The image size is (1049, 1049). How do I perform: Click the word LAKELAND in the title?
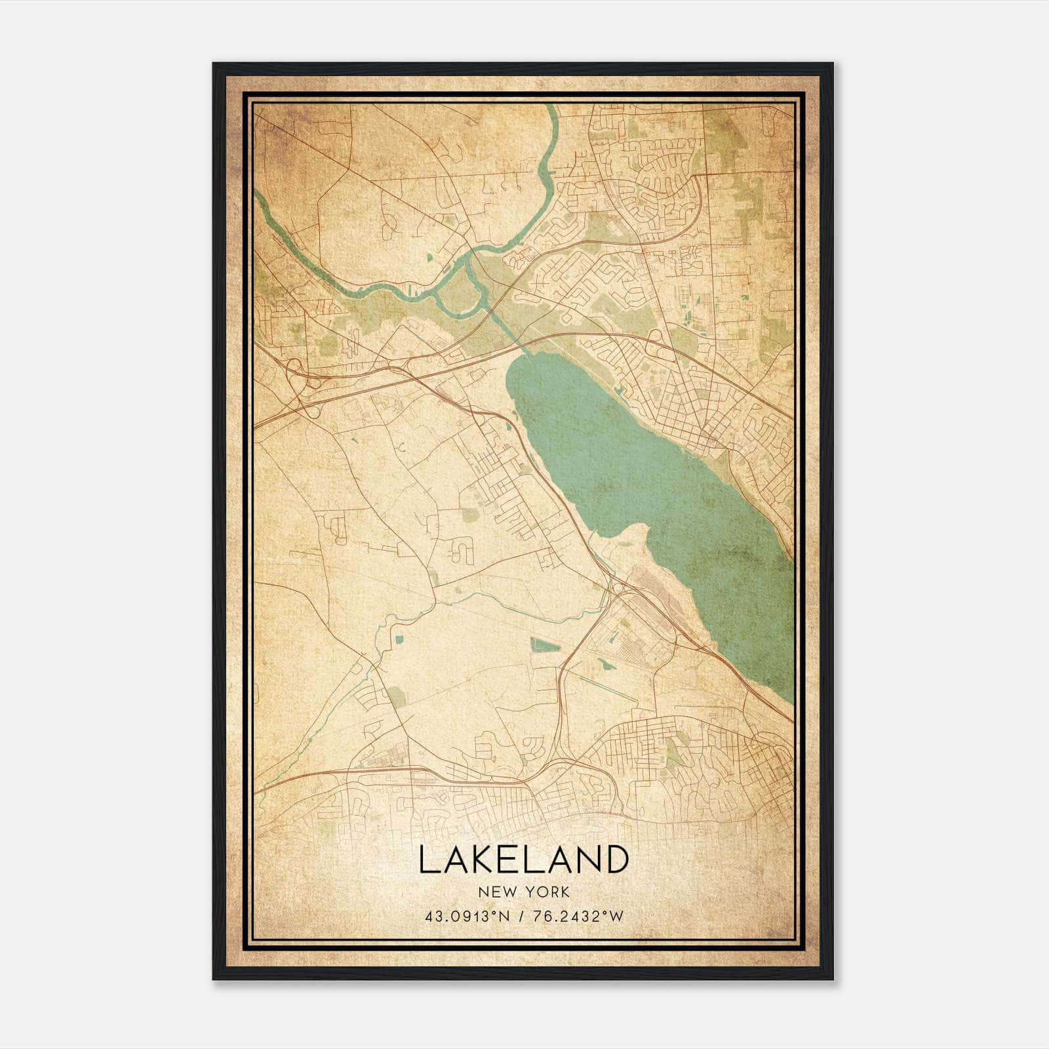coord(523,860)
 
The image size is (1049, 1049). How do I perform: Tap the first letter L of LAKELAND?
coord(426,860)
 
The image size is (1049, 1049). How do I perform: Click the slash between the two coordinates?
coord(522,917)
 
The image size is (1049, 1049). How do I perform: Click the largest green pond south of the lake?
coord(545,646)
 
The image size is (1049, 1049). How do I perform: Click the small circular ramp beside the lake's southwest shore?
coord(617,586)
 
